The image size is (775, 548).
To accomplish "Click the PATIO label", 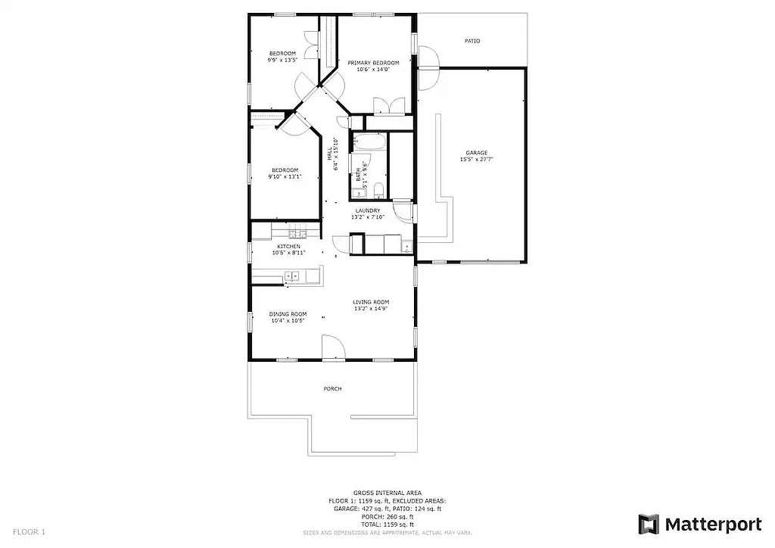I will coord(472,41).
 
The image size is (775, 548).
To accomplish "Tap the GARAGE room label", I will coord(476,153).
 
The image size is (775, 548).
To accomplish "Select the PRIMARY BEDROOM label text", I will coord(373,63).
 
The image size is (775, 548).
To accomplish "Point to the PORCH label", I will coord(332,389).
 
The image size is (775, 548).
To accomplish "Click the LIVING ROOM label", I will coord(371,302).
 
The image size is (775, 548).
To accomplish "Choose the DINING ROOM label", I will coord(288,314).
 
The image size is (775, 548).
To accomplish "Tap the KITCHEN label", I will coord(288,247).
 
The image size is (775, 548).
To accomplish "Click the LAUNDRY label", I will coord(368,211).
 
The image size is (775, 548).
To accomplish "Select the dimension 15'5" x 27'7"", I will coord(476,160).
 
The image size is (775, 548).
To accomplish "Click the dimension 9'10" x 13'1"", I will coord(285,176).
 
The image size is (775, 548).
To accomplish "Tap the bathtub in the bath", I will coord(370,142).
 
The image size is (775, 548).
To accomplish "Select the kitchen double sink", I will coord(291,276).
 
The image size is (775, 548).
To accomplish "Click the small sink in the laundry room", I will coord(406,247).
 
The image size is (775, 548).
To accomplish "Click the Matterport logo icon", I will coord(649,524).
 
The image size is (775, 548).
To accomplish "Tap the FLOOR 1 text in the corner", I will coord(30,532).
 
